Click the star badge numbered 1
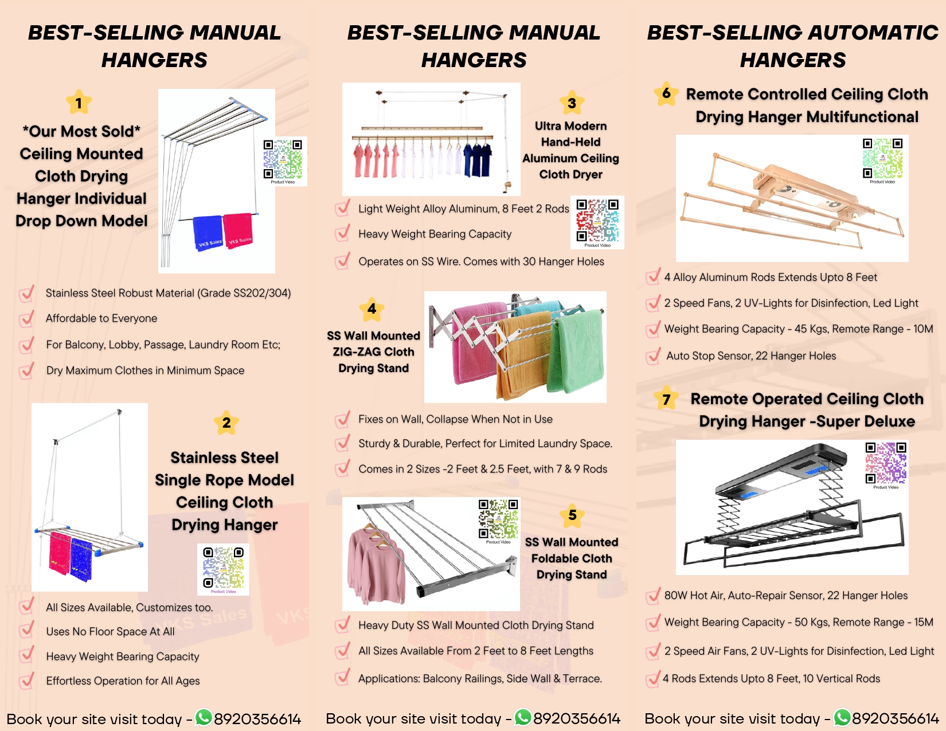[79, 103]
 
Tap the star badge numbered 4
[372, 309]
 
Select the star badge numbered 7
[666, 399]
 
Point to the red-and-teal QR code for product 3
[597, 221]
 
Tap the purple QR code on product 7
[886, 463]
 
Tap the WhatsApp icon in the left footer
[204, 717]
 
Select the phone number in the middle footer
[577, 719]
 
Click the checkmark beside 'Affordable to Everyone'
[26, 319]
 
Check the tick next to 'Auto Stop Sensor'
[653, 356]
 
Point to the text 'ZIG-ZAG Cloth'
[373, 352]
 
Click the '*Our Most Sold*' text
[81, 131]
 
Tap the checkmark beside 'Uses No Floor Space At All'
[26, 631]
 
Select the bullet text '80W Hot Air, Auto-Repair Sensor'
[785, 596]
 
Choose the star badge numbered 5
[572, 515]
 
